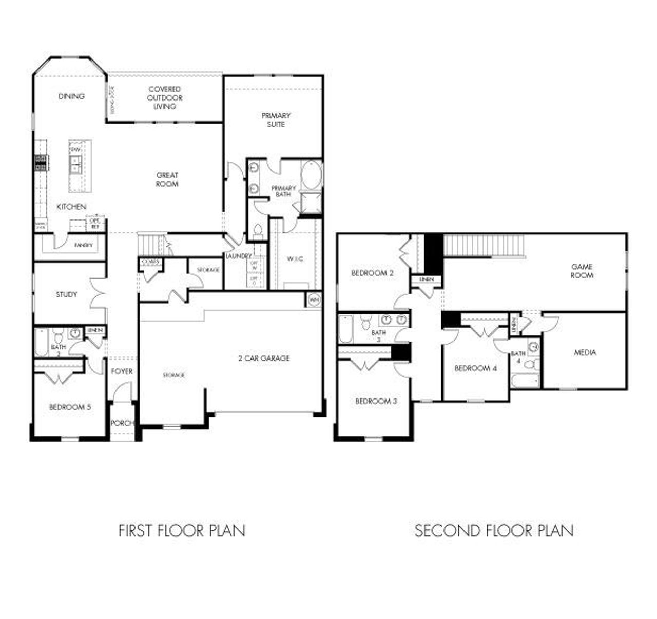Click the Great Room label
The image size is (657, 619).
167,179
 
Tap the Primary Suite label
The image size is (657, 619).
276,120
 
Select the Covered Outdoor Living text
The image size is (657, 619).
165,97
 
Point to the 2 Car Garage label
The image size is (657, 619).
264,358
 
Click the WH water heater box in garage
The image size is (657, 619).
314,299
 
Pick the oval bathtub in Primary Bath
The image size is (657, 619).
311,175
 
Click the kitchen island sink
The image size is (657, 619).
75,165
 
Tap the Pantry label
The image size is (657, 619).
84,245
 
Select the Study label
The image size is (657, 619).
67,294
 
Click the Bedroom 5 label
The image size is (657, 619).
70,407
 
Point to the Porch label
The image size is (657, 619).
122,423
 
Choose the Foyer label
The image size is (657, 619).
122,371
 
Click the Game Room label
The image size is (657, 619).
582,271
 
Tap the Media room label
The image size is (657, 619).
585,352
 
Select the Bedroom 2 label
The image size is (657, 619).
372,273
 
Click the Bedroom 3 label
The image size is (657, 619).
376,401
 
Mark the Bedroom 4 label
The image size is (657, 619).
475,368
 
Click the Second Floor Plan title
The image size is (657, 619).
494,530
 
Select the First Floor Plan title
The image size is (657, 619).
182,530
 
